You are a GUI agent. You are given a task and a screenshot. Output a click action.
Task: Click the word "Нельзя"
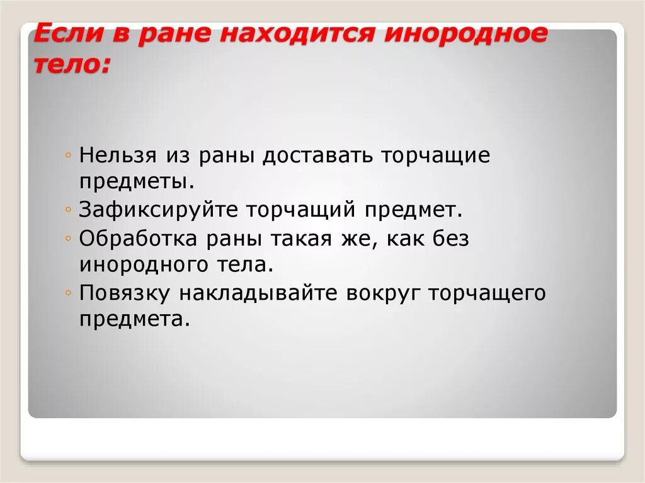[x=118, y=155]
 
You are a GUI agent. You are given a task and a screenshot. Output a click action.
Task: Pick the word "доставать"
[x=317, y=155]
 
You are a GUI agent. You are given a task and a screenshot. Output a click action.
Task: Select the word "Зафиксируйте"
[x=159, y=210]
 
